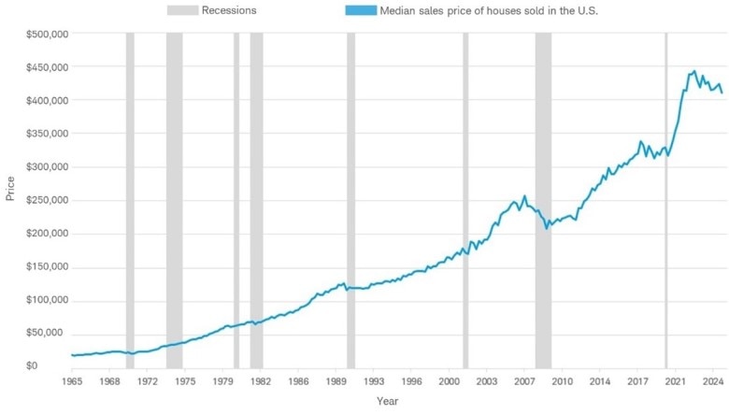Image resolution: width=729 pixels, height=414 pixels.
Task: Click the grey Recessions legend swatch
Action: tap(183, 10)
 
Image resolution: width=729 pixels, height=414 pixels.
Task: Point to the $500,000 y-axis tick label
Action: tap(44, 35)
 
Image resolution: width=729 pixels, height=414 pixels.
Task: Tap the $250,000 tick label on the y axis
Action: tap(44, 201)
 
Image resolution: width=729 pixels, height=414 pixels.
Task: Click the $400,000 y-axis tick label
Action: tap(44, 101)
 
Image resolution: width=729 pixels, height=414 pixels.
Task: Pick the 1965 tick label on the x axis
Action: tap(73, 382)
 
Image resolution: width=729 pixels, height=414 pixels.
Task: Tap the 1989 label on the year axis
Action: tap(336, 382)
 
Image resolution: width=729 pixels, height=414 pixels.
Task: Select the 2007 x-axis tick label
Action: tap(524, 382)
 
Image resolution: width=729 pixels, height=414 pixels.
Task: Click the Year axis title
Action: tap(388, 401)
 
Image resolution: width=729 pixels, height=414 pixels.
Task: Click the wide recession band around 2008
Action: tap(543, 187)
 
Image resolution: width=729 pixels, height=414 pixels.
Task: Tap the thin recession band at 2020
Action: tap(666, 187)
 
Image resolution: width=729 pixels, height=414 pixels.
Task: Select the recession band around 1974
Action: tap(174, 187)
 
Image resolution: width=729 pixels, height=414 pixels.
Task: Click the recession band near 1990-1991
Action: tap(350, 187)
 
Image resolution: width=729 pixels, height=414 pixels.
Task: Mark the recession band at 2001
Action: tap(465, 187)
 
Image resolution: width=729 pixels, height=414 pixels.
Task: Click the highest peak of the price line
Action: tap(693, 71)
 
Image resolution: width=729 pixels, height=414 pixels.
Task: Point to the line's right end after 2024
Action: tap(722, 93)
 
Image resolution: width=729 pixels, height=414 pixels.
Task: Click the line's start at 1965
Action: tap(73, 355)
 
